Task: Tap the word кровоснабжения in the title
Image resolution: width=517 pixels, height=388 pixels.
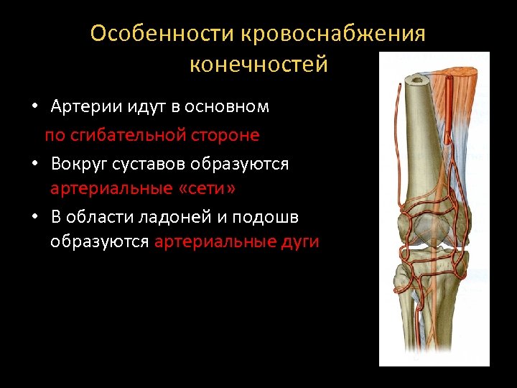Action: [333, 34]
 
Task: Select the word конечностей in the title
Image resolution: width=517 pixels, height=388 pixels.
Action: [258, 64]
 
